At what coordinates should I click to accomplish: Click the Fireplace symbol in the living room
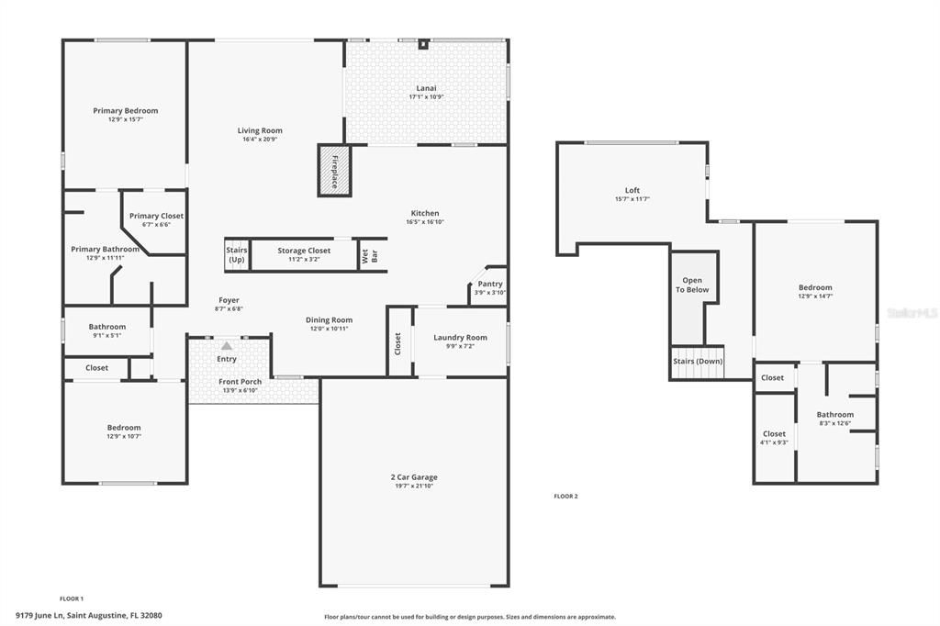(x=334, y=170)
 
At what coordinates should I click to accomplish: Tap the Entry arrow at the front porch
(x=227, y=346)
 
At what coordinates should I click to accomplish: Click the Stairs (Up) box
(x=236, y=255)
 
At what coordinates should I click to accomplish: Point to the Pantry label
(x=489, y=284)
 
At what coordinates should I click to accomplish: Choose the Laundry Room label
(x=461, y=337)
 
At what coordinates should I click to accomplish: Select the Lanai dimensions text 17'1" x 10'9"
(x=426, y=97)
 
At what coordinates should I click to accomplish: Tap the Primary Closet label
(x=156, y=216)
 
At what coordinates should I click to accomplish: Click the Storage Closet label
(x=304, y=251)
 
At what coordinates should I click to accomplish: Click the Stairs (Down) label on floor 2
(x=699, y=361)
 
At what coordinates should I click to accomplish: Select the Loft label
(x=632, y=190)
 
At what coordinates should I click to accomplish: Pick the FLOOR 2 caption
(x=565, y=496)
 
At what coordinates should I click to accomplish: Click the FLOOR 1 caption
(x=72, y=598)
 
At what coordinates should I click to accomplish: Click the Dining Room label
(x=329, y=319)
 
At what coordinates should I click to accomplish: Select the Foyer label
(x=229, y=300)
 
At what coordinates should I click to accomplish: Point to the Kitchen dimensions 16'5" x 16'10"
(x=425, y=222)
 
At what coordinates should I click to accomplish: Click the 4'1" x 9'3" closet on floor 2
(x=774, y=442)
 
